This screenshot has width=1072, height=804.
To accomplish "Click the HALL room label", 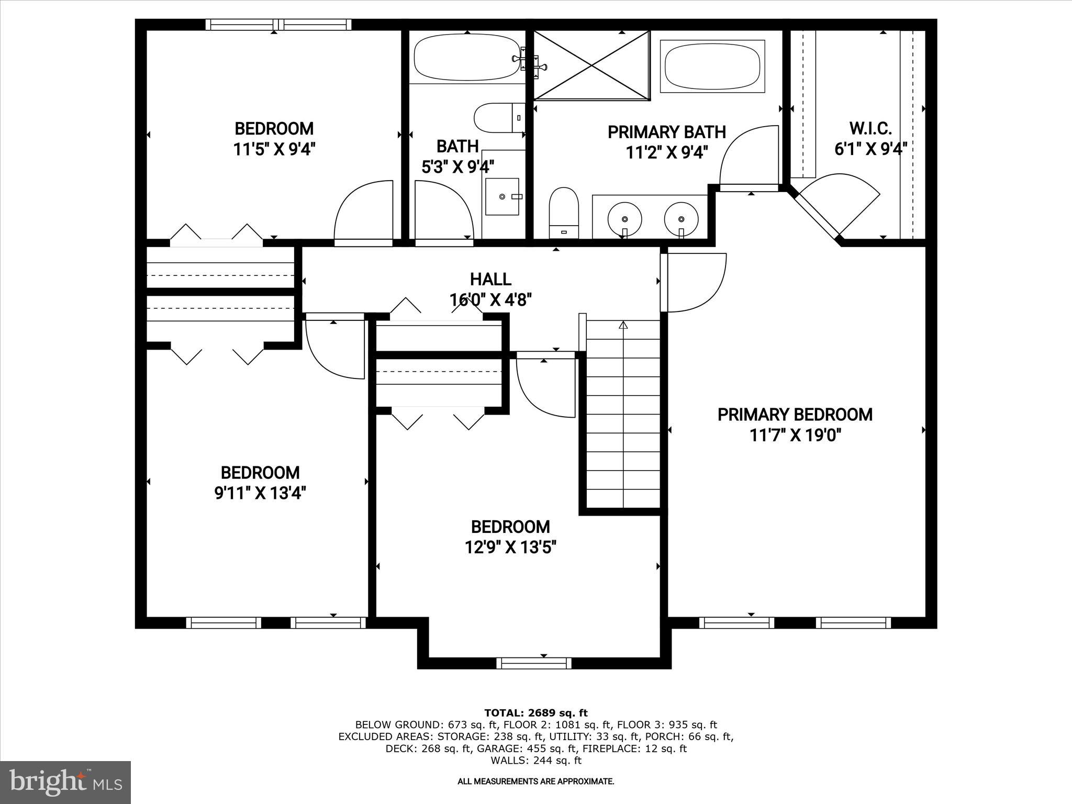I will [x=490, y=279].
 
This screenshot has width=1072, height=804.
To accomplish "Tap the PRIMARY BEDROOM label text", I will [x=795, y=415].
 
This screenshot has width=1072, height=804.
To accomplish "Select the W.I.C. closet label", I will [x=870, y=128].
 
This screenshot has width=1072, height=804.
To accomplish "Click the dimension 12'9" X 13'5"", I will [x=510, y=548].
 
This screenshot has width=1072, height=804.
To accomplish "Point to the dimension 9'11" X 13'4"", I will [x=260, y=493].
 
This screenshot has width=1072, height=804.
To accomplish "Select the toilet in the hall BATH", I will [x=498, y=118].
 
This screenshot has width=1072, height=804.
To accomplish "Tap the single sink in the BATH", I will [x=502, y=196].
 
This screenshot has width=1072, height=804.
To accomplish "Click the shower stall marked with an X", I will [x=591, y=65].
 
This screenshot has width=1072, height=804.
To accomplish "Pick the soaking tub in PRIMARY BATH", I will [x=712, y=66].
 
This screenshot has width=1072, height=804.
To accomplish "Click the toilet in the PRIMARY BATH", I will [x=564, y=211].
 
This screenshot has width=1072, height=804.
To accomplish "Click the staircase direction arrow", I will [x=623, y=326].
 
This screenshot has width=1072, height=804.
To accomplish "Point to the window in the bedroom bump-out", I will [x=534, y=663].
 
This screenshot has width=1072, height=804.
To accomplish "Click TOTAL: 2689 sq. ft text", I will [x=536, y=713].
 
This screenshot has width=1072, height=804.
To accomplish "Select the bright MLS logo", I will [x=65, y=782].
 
